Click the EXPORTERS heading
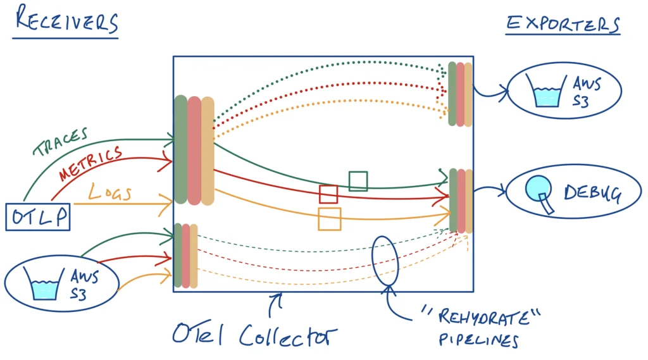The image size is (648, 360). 563,23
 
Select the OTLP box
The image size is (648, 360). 38,217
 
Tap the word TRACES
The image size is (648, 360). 61,142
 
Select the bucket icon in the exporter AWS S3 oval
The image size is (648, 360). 547,92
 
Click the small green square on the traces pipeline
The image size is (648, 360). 358,181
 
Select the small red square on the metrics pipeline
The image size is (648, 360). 328,194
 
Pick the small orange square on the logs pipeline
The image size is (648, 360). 330,219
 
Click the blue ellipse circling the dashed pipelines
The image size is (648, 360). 385,259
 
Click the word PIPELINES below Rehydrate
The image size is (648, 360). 478,340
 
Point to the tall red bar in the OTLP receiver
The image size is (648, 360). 194,150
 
